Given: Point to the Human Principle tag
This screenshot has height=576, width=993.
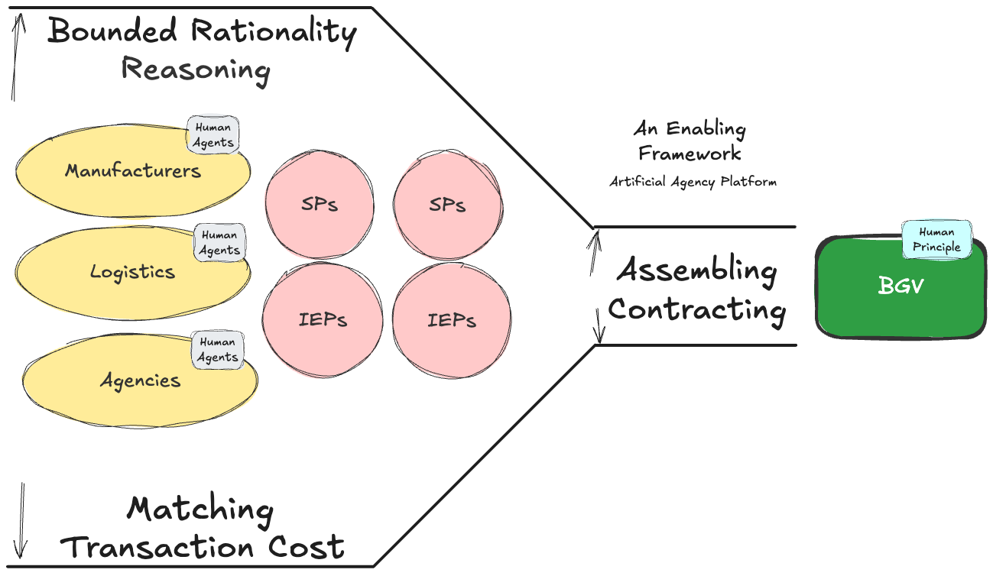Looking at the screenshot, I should pos(936,239).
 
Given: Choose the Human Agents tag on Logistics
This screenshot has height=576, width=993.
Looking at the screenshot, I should pos(220,243).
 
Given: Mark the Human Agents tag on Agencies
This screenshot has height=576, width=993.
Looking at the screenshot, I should pos(217,350).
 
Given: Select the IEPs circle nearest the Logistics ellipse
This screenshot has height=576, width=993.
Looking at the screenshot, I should pos(322,319).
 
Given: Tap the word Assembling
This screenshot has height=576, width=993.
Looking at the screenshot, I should pos(696,270).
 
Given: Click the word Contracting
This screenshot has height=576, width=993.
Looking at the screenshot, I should pos(696,310).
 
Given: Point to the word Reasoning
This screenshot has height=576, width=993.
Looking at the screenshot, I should pos(196,70).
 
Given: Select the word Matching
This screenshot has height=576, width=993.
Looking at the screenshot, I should pos(200,510).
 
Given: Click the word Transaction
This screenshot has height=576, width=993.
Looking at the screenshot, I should pos(157,547).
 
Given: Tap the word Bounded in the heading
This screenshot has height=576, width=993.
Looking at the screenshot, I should pos(113,31).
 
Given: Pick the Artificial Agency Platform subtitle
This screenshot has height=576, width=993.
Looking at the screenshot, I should pos(693,183).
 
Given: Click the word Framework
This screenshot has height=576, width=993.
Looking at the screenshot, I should pos(690,154).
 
